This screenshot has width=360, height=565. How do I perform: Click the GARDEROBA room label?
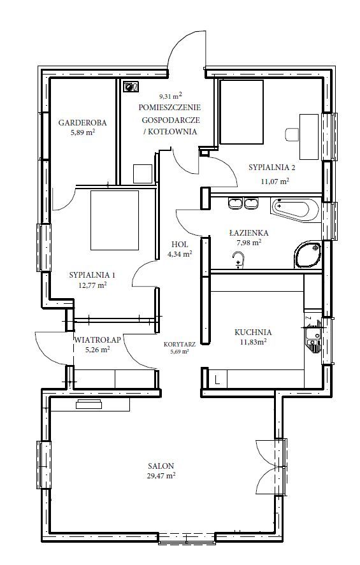(83, 122)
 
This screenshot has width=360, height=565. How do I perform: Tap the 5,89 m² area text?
(83, 132)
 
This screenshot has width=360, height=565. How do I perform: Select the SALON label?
(161, 466)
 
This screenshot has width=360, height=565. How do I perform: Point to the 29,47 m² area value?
(161, 475)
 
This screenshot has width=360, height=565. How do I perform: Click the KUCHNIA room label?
(253, 333)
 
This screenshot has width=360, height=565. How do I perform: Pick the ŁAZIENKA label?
(248, 233)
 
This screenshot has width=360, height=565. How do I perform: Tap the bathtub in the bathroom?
(295, 210)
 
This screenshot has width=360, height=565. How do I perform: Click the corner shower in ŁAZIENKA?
(307, 255)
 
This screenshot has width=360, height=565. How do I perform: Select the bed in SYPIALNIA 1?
(115, 220)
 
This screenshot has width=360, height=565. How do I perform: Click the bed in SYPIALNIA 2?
(241, 111)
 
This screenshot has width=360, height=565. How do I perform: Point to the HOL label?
(180, 245)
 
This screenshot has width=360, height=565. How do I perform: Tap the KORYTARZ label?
(180, 344)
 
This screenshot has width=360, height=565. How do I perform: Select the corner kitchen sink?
(313, 336)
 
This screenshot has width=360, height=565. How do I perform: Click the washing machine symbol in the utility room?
(131, 87)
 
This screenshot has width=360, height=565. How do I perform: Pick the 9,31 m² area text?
(171, 96)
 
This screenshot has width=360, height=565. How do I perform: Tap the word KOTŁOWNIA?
(173, 131)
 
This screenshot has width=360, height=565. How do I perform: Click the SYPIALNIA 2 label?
(272, 167)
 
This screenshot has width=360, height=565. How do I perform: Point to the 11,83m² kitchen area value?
(253, 342)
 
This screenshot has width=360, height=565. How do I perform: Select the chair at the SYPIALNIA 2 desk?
(292, 134)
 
